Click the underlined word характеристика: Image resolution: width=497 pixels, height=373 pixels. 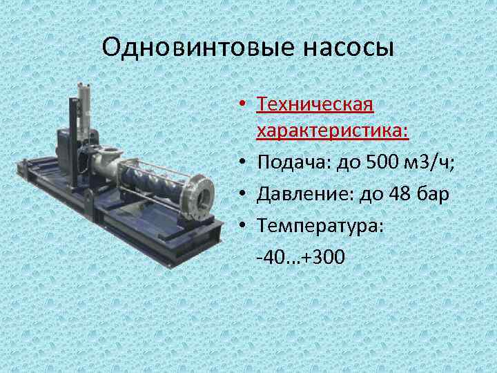point(333,131)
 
